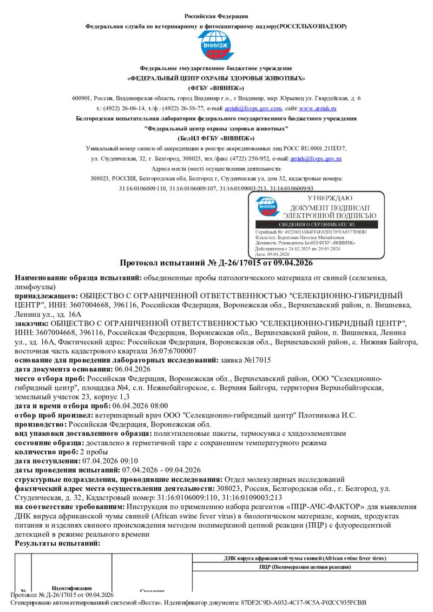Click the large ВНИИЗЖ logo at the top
tap(216, 45)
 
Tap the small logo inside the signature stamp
tap(268, 207)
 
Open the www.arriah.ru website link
tap(325, 108)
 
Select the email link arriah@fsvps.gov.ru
tap(316, 158)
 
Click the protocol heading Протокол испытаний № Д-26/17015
tap(216, 263)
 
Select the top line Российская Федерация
tap(216, 17)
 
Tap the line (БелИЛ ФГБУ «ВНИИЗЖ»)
tap(216, 138)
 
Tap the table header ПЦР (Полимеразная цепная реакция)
tap(305, 567)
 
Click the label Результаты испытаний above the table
tap(57, 543)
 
